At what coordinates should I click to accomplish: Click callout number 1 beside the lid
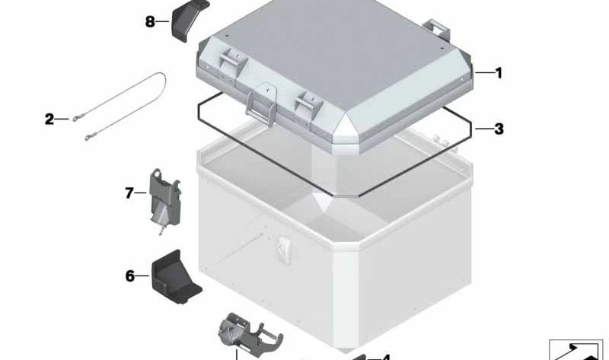click(499, 73)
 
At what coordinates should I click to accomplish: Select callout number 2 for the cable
click(49, 119)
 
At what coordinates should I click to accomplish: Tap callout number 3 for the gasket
click(499, 129)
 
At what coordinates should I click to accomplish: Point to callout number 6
click(129, 276)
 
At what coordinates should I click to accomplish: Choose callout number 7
click(129, 193)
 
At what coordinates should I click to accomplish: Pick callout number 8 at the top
click(150, 21)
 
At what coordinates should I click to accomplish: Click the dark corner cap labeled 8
click(190, 20)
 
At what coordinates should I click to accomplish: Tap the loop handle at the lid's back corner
click(437, 30)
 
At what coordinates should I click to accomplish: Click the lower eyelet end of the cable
click(90, 136)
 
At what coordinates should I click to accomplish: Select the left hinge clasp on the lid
click(232, 61)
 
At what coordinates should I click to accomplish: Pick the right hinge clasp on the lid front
click(309, 104)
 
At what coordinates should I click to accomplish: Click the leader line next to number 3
click(484, 129)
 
